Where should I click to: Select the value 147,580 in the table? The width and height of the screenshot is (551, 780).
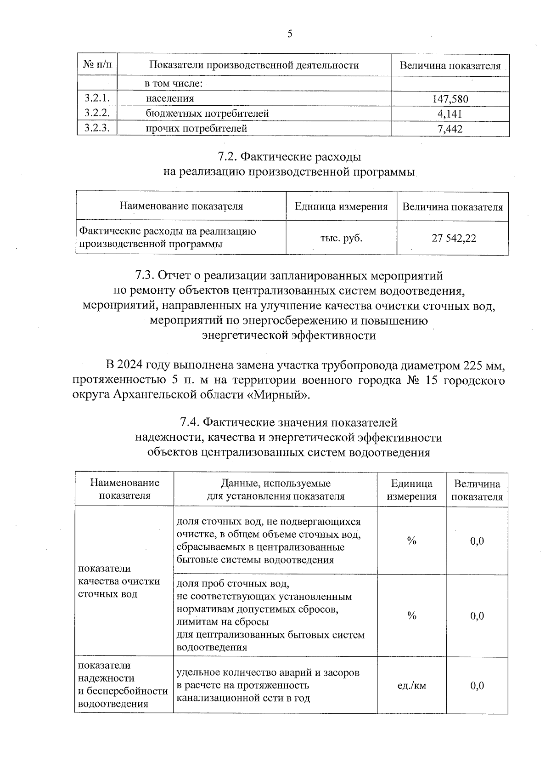[450, 99]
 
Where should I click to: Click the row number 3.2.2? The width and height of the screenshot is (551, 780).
[97, 113]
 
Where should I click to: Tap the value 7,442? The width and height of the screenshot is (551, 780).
[450, 129]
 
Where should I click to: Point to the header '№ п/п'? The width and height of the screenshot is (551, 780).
[97, 65]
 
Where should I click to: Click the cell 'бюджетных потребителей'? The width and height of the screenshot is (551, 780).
[207, 114]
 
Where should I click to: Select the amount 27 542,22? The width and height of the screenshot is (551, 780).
[454, 238]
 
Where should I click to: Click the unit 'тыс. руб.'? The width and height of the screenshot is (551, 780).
[341, 238]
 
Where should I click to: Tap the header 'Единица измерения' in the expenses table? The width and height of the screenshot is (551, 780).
[341, 207]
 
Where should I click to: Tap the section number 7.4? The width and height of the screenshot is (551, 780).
[189, 422]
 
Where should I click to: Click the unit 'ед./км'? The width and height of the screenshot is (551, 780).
[411, 686]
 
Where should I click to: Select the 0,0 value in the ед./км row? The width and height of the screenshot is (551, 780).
[477, 686]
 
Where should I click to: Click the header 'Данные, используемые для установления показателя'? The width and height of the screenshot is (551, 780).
[275, 490]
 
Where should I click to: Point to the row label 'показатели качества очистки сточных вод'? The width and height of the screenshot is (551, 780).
[119, 581]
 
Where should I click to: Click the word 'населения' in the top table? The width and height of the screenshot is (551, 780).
[170, 98]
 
